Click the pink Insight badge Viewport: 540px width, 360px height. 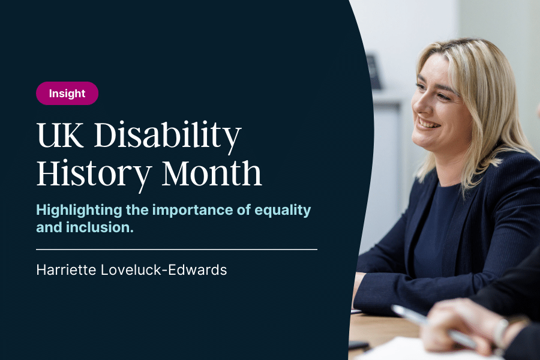(x=67, y=94)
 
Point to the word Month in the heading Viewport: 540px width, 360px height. (x=212, y=173)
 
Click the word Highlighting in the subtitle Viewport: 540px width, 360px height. (x=79, y=210)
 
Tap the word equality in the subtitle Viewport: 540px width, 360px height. (x=283, y=210)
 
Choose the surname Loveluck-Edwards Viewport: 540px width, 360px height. (x=164, y=270)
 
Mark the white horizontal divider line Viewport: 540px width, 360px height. (x=176, y=249)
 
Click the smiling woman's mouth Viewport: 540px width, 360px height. (x=428, y=124)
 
